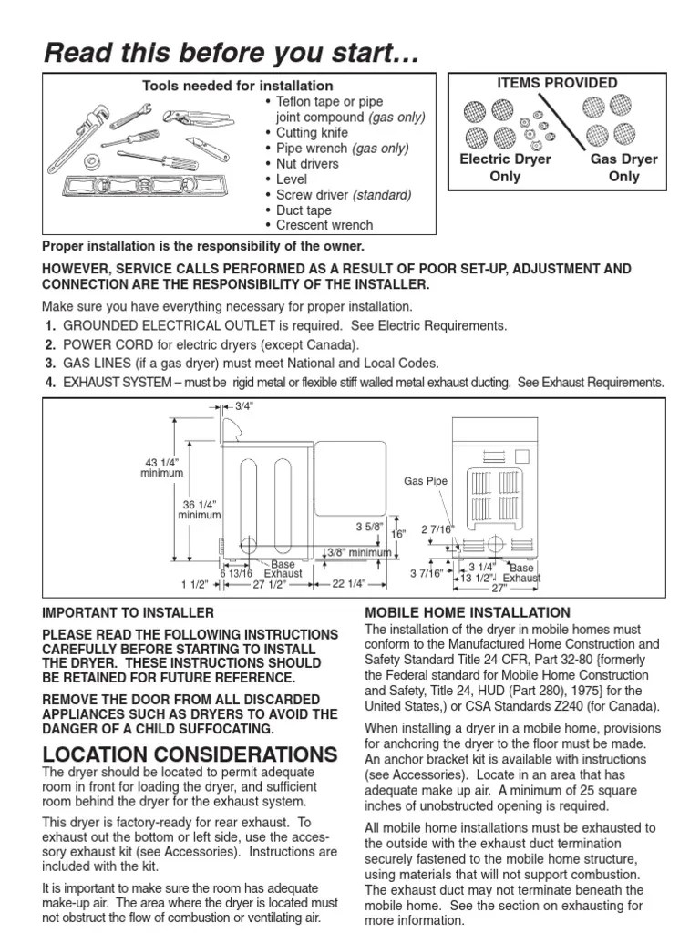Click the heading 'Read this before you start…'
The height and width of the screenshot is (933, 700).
pos(232,54)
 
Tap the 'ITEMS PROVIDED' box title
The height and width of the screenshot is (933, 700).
pos(556,83)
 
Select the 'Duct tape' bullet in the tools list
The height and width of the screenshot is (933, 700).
pos(304,210)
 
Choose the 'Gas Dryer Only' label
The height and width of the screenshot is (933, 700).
pos(623,168)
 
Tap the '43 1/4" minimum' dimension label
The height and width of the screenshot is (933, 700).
pos(161,466)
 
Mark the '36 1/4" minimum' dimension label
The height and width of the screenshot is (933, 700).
pos(199,509)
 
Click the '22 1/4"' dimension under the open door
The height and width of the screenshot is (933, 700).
pos(349,584)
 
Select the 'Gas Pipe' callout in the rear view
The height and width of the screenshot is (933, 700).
pos(424,480)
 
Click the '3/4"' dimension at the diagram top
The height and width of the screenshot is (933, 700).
pos(243,406)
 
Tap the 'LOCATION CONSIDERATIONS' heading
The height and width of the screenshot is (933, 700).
pos(190,754)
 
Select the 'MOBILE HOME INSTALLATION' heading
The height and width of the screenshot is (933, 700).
pos(467,612)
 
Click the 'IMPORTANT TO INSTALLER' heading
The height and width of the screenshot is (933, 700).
pos(129,612)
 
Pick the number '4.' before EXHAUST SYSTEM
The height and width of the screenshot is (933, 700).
pos(51,382)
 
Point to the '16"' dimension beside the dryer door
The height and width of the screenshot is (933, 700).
pos(397,534)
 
